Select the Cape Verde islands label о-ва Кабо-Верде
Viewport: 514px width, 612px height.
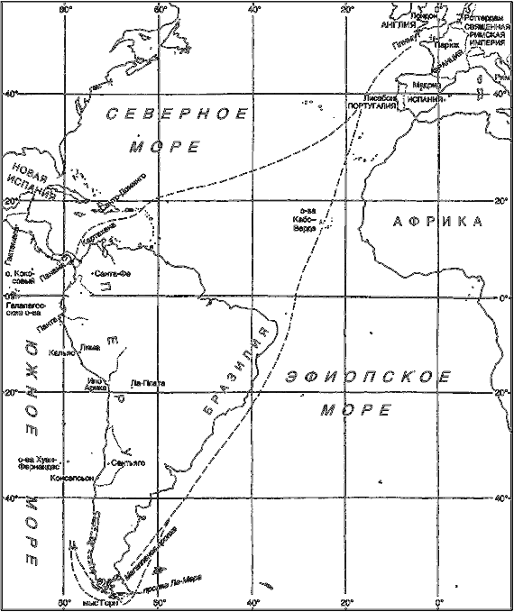click(x=305, y=221)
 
